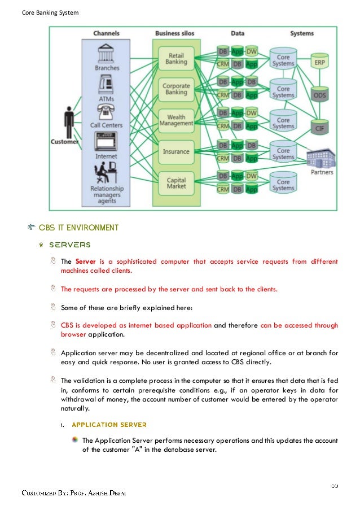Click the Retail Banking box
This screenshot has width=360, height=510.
tap(176, 59)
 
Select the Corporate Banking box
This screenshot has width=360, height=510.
tap(176, 90)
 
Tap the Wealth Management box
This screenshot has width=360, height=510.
tap(176, 120)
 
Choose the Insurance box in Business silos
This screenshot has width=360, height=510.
tap(176, 151)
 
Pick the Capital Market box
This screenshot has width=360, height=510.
tap(176, 183)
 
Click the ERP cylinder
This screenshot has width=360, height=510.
tap(319, 62)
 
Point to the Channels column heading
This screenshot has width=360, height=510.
tap(106, 34)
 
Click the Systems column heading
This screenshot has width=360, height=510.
tap(302, 34)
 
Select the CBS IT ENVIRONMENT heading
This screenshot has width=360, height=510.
tap(78, 228)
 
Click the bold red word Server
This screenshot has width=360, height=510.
tap(86, 261)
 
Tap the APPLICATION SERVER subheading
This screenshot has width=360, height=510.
tap(109, 424)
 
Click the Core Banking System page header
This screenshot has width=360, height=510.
tap(50, 12)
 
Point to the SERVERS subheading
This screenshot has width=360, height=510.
tap(69, 245)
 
